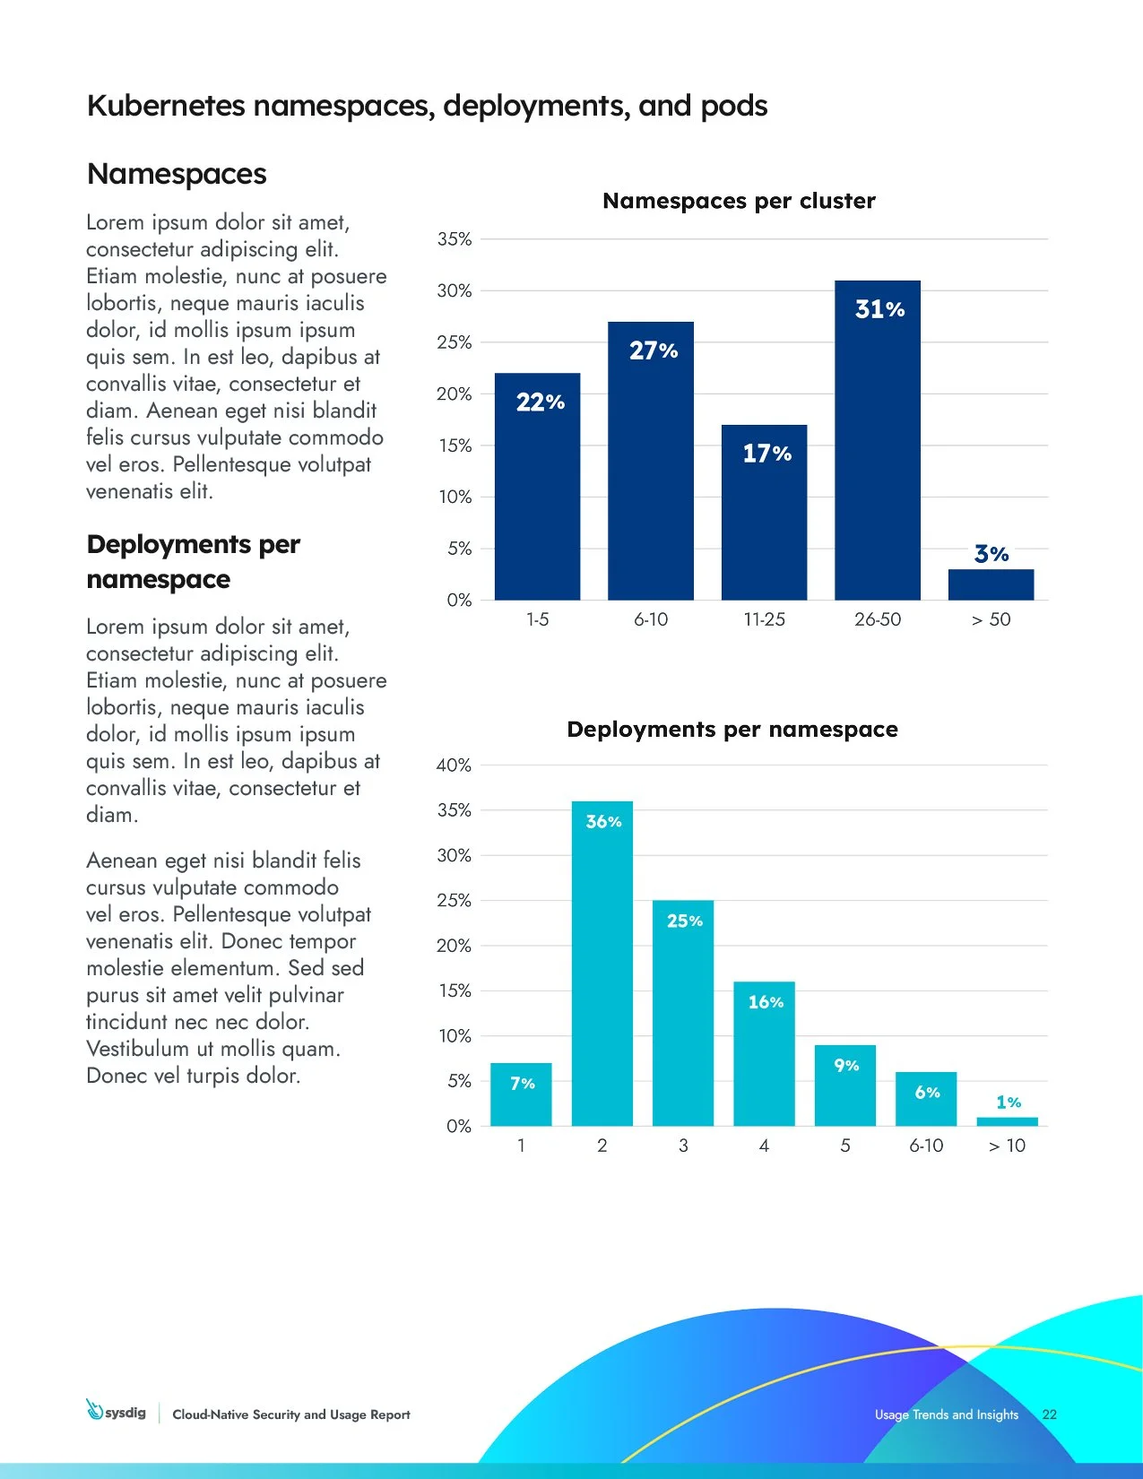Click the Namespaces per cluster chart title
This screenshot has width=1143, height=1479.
pyautogui.click(x=739, y=201)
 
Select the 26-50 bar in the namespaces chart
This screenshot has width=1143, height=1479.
pyautogui.click(x=877, y=448)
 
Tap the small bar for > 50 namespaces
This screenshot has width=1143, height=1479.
pyautogui.click(x=991, y=584)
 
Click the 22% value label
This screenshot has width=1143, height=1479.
pyautogui.click(x=541, y=402)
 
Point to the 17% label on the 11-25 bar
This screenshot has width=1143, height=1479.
pyautogui.click(x=766, y=454)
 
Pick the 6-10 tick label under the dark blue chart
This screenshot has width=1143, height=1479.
pyautogui.click(x=651, y=619)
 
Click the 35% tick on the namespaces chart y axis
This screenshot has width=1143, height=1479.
pyautogui.click(x=455, y=239)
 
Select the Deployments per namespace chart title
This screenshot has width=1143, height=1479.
pyautogui.click(x=732, y=730)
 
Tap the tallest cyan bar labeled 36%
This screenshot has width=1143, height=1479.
pyautogui.click(x=602, y=968)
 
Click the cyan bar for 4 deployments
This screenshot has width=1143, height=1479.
pyautogui.click(x=764, y=1058)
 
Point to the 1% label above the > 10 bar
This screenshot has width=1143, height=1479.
pyautogui.click(x=1009, y=1102)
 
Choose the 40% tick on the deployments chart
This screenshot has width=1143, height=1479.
pyautogui.click(x=454, y=765)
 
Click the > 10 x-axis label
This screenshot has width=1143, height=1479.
pyautogui.click(x=1007, y=1146)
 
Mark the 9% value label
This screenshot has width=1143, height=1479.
pyautogui.click(x=846, y=1065)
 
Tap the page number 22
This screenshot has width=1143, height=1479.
pyautogui.click(x=1049, y=1414)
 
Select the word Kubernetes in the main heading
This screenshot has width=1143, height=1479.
pyautogui.click(x=166, y=106)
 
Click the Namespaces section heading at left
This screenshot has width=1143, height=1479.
pyautogui.click(x=177, y=174)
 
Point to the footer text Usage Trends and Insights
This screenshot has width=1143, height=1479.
pyautogui.click(x=946, y=1414)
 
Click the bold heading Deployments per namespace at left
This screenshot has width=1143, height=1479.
pyautogui.click(x=193, y=562)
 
